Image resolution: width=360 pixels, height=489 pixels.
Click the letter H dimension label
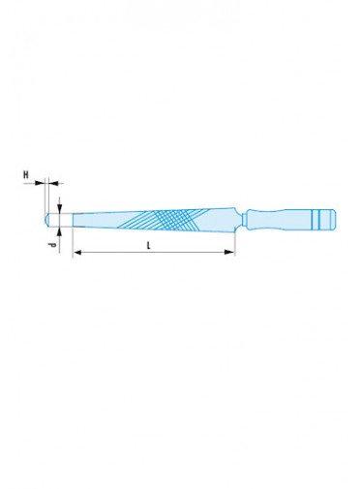[x=25, y=174]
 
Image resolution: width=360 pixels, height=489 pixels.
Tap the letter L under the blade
[x=149, y=246]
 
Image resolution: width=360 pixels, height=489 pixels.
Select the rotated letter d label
[x=52, y=245]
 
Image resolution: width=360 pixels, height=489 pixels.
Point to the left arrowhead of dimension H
[x=40, y=183]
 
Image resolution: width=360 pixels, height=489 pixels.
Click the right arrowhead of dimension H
[x=53, y=183]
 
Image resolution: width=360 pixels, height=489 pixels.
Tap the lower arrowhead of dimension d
[x=60, y=232]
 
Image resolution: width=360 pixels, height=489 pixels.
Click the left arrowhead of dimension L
[x=77, y=253]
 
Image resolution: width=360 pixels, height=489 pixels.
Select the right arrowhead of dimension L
[x=229, y=252]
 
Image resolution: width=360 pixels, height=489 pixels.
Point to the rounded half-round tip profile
[x=46, y=220]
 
